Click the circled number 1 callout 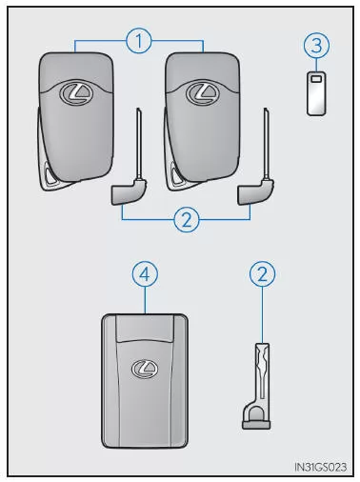coord(139,41)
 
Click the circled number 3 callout coord(316,45)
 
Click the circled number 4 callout coord(145,274)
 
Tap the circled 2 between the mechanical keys coord(187,219)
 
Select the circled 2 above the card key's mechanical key coord(263,274)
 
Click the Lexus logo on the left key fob coord(76,92)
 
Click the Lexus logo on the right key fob coord(203,92)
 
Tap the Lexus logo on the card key coord(145,369)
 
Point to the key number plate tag coord(316,92)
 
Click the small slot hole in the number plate coord(316,78)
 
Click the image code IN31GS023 coord(320,467)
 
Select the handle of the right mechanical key coord(255,192)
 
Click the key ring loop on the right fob coord(174,174)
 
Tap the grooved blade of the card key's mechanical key coord(262,372)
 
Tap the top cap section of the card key coord(145,328)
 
